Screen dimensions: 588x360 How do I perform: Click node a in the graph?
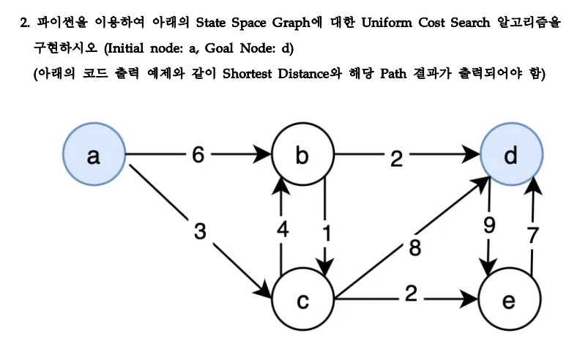(94, 156)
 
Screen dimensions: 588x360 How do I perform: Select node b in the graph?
(302, 156)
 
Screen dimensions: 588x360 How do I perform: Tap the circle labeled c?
(302, 300)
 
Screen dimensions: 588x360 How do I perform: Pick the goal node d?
(512, 156)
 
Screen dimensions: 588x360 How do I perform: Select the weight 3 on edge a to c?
(200, 231)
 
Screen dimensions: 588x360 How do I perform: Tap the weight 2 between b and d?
(396, 158)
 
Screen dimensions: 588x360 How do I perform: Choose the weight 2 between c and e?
(411, 296)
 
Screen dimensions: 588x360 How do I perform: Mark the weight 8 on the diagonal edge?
(415, 247)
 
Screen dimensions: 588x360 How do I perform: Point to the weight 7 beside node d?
(534, 236)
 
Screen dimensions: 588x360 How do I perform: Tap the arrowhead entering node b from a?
(264, 156)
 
